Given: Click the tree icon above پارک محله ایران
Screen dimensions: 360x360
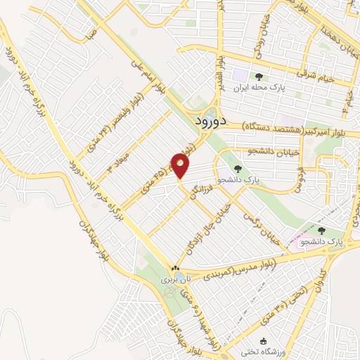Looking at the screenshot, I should click(x=259, y=77).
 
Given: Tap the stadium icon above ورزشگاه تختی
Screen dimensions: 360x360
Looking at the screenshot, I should click(x=262, y=341).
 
